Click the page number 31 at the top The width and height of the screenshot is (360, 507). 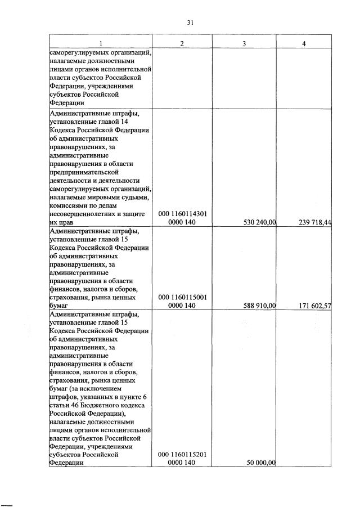pyautogui.click(x=190, y=23)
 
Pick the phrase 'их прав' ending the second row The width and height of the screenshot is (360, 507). pyautogui.click(x=61, y=223)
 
